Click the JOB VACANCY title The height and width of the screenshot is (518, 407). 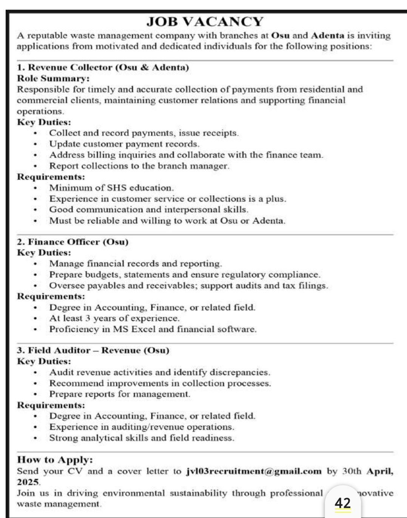(x=204, y=22)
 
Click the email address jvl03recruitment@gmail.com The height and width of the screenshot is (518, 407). (x=254, y=471)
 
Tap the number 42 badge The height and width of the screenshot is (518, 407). (x=342, y=503)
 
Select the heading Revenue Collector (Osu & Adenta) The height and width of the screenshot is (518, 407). (x=103, y=68)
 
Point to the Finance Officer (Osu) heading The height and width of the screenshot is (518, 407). (x=73, y=242)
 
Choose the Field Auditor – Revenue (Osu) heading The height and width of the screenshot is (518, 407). (x=93, y=350)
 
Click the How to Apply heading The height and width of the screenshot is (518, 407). (x=55, y=460)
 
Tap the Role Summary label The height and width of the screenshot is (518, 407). (x=53, y=78)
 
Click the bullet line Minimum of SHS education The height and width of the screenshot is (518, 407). (x=111, y=188)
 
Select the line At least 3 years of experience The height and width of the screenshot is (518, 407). (x=114, y=318)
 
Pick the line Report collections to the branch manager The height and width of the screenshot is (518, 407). (x=139, y=166)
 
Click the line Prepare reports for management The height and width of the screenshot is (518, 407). (x=120, y=394)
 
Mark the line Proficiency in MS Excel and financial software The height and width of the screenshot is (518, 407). (x=153, y=329)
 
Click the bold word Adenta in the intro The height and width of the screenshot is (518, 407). (x=328, y=35)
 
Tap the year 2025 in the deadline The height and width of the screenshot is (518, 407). (x=28, y=482)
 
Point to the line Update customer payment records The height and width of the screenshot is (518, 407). (x=124, y=144)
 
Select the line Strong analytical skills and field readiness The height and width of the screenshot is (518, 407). (x=142, y=438)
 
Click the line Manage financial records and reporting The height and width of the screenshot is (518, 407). (x=136, y=263)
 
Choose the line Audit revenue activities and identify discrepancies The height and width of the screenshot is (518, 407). (x=160, y=372)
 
